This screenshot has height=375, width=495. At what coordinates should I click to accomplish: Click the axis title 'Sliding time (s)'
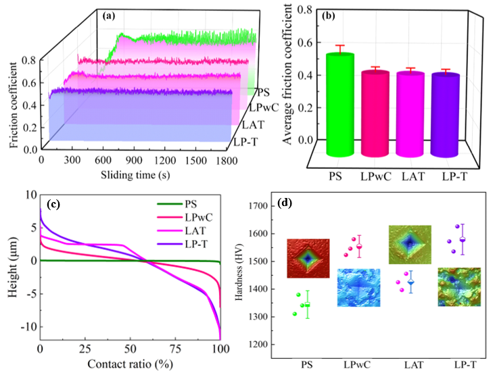click(x=136, y=174)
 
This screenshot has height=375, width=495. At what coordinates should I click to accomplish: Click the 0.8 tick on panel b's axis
click(x=308, y=11)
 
